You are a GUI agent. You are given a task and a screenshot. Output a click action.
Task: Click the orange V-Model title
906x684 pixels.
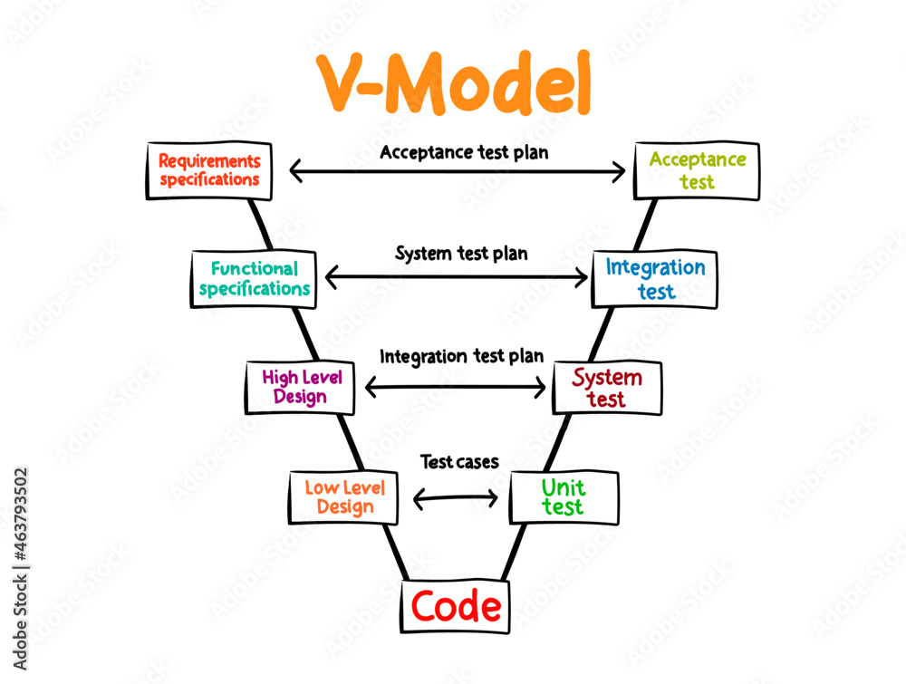pos(454,84)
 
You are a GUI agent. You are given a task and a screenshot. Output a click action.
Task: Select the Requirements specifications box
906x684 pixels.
pos(208,170)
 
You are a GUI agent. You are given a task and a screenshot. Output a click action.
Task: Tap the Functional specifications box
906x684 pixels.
pos(255,279)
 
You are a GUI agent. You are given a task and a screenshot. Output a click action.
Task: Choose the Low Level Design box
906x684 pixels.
pos(343,497)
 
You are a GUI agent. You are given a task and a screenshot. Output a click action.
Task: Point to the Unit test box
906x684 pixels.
pos(564,497)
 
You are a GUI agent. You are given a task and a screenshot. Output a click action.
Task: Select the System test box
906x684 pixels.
pos(607,388)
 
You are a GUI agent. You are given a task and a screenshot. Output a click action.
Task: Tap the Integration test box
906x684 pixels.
pos(654,279)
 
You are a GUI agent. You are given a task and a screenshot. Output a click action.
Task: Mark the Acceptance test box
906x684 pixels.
pos(697,170)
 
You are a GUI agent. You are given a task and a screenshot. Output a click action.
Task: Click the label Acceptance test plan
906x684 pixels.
pos(464,152)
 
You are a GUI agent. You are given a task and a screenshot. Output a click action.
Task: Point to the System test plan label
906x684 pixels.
pos(461,254)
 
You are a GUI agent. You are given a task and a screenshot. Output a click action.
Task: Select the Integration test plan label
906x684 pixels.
pos(461,356)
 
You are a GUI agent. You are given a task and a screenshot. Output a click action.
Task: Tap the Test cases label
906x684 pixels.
pos(459,462)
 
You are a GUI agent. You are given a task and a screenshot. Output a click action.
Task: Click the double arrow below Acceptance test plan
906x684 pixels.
pos(458,170)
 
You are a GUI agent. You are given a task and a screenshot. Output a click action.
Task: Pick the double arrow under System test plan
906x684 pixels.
pos(457,276)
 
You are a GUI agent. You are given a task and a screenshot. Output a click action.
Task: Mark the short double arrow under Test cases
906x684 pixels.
pos(456,497)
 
